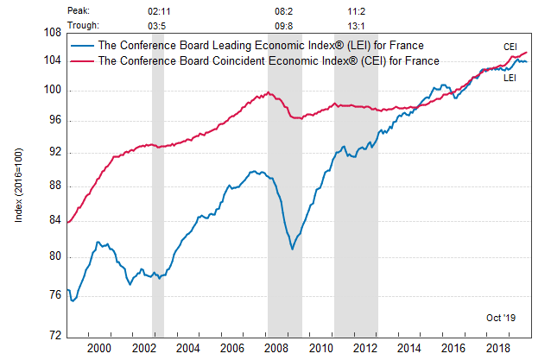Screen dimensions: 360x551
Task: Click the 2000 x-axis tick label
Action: [x=98, y=347]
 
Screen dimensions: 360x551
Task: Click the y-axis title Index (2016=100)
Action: [x=19, y=183]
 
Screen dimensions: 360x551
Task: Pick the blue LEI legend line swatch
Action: [x=85, y=46]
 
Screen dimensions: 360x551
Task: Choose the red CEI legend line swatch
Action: [x=85, y=60]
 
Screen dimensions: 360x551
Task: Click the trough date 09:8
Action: [x=284, y=26]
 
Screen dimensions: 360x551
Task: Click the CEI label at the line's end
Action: [x=511, y=47]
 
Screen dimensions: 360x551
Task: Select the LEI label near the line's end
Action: [x=510, y=78]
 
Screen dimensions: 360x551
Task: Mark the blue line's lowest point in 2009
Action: [x=292, y=249]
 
